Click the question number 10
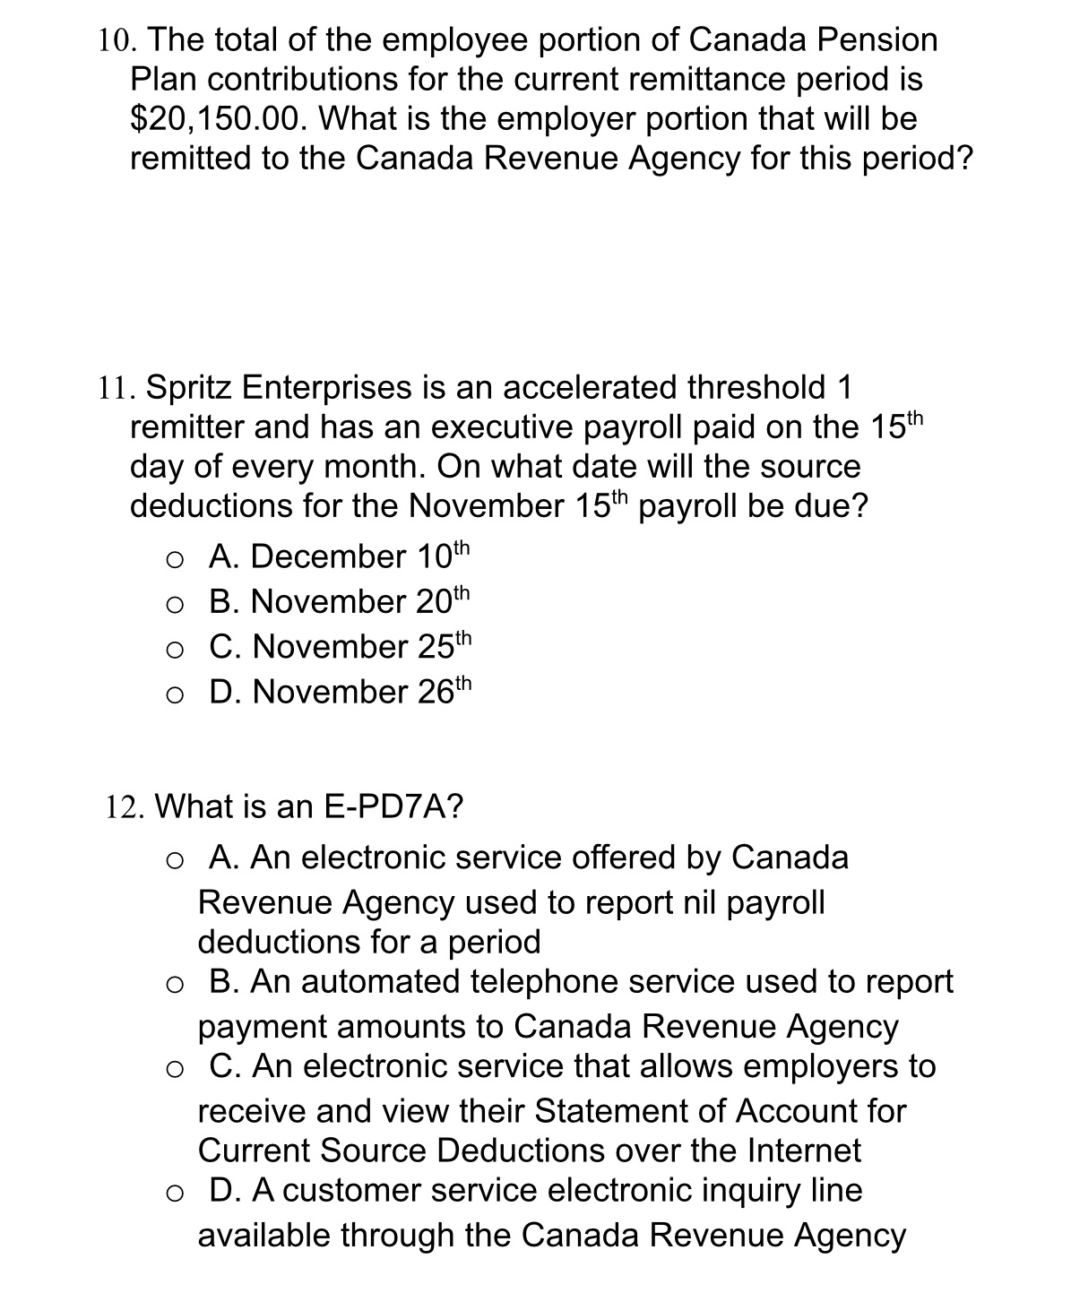[x=117, y=40]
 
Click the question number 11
[x=116, y=388]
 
